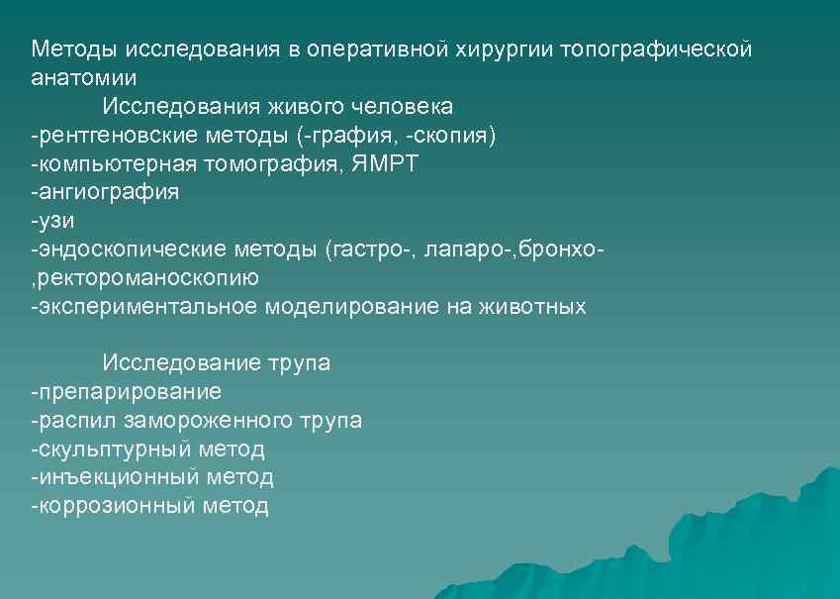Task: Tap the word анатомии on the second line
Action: click(x=84, y=77)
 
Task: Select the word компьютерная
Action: click(x=116, y=163)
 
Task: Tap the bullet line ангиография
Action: click(x=105, y=192)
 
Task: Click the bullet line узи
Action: click(x=52, y=221)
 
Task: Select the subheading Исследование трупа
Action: click(x=216, y=363)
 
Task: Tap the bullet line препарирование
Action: click(x=126, y=392)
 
